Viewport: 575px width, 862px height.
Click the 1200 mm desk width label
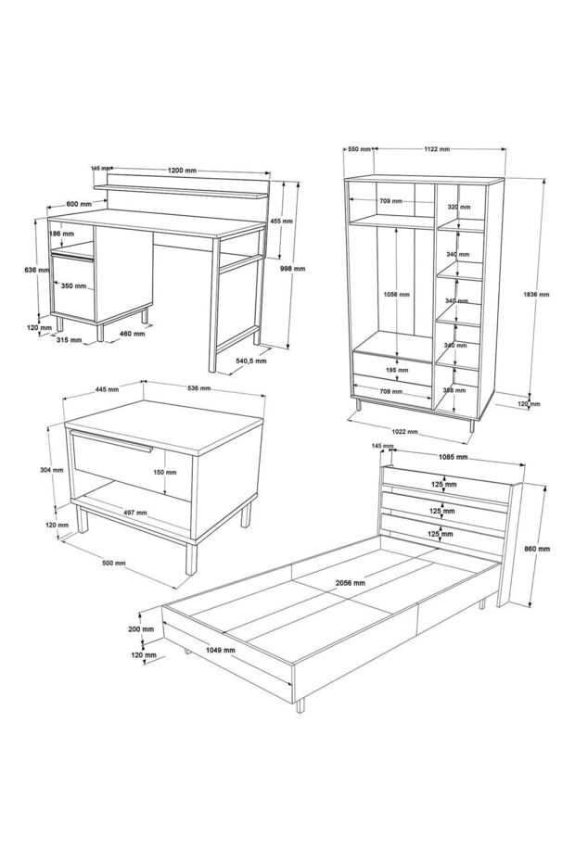click(x=182, y=171)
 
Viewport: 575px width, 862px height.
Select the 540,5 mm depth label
click(x=251, y=361)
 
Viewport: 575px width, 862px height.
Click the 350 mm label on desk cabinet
click(x=74, y=286)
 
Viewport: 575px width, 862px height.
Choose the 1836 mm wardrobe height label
click(x=536, y=294)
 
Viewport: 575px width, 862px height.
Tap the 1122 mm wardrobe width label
click(x=437, y=149)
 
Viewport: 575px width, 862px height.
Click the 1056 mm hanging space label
click(x=397, y=294)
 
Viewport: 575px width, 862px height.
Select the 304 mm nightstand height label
click(x=52, y=470)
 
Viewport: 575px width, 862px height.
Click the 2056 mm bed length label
click(x=351, y=583)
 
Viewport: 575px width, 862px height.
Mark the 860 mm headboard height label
click(x=537, y=549)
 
